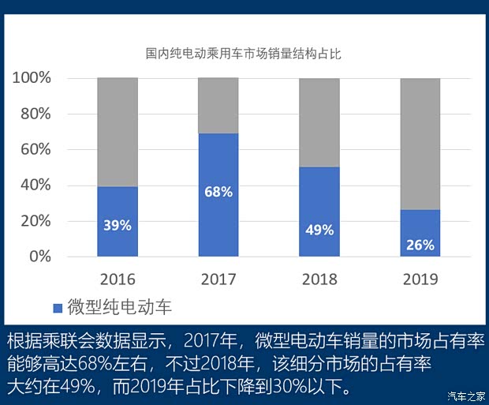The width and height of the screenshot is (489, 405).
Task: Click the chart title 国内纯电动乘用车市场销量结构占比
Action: pyautogui.click(x=242, y=54)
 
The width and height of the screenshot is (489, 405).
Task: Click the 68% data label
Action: pyautogui.click(x=218, y=193)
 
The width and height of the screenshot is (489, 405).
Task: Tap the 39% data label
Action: pyautogui.click(x=118, y=225)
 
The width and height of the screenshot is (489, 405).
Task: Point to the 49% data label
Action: pyautogui.click(x=319, y=230)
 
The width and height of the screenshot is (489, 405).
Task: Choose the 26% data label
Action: pyautogui.click(x=420, y=245)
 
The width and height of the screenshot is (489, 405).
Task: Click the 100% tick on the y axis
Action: pyautogui.click(x=32, y=78)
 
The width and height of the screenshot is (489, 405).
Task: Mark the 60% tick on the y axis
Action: pyautogui.click(x=35, y=149)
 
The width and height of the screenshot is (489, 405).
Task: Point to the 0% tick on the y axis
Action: pyautogui.click(x=39, y=257)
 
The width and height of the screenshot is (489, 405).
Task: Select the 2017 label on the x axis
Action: pyautogui.click(x=218, y=279)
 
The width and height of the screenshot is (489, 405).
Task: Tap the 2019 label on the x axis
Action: pyautogui.click(x=420, y=279)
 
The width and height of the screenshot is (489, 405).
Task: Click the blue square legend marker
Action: pyautogui.click(x=57, y=307)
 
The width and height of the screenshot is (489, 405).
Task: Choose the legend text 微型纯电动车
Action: pyautogui.click(x=119, y=307)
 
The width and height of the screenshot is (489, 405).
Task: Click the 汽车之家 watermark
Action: pyautogui.click(x=464, y=396)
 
